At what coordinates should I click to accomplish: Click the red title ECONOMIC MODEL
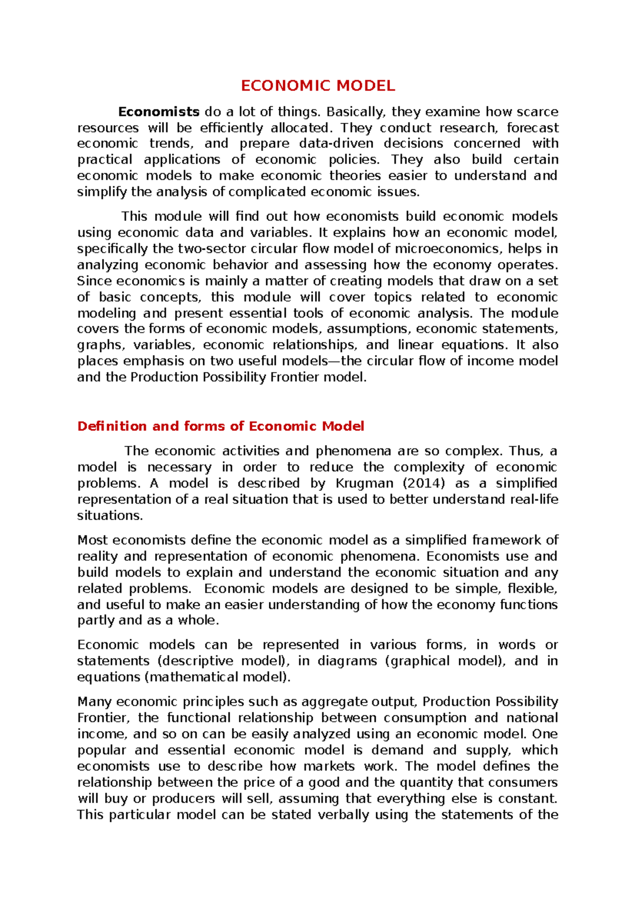click(x=317, y=86)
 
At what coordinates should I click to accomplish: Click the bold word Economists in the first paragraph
click(x=158, y=112)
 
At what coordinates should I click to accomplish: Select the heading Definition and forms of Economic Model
click(x=221, y=426)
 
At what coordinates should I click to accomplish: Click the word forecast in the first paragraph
click(x=532, y=128)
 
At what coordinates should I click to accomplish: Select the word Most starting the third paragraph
click(x=93, y=540)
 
